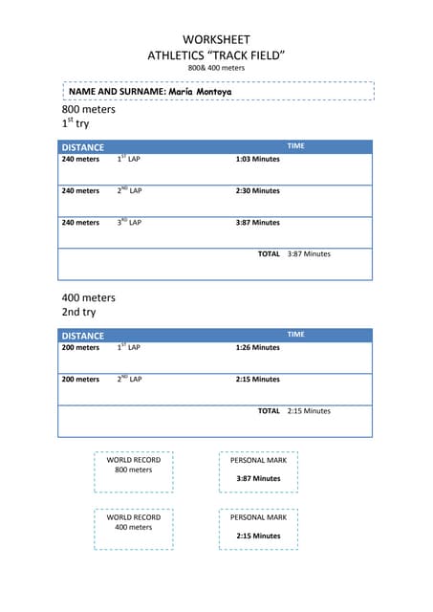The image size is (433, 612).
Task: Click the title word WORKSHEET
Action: tap(216, 39)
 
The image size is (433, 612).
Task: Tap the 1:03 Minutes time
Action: tap(257, 159)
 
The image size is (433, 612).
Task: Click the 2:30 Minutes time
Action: tap(257, 190)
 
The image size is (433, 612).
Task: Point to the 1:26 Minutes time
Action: tap(257, 347)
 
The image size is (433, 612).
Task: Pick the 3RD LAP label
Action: tap(129, 222)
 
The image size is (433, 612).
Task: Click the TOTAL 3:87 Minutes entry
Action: tap(293, 253)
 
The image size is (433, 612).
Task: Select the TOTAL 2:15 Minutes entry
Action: tap(293, 410)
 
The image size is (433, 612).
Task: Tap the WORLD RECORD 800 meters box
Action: tap(134, 465)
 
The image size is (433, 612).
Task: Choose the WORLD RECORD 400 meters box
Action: tap(134, 522)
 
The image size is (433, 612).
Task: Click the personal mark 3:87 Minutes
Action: tap(258, 478)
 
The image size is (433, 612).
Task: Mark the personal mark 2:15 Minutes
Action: tap(258, 535)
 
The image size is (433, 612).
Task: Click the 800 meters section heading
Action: tap(88, 109)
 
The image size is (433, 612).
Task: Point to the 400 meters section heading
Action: tap(88, 297)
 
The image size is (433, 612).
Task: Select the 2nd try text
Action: tap(78, 312)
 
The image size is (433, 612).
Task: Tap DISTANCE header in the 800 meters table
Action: tap(83, 147)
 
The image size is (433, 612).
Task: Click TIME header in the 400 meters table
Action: tap(296, 335)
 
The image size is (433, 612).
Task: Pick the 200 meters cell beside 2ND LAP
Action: tap(80, 379)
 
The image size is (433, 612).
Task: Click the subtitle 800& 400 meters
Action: tap(216, 69)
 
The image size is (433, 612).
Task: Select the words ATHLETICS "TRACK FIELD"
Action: tap(216, 55)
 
